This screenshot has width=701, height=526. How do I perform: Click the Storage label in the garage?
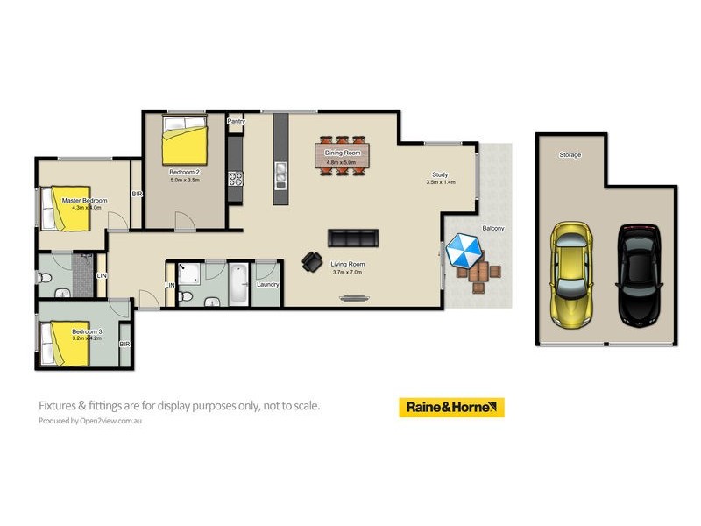570,155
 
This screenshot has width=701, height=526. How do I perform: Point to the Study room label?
439,174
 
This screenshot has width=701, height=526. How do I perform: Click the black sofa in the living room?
352,238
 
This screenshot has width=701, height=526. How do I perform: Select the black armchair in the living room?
311,261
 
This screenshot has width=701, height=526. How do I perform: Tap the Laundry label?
267,284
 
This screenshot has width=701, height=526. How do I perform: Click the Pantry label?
235,121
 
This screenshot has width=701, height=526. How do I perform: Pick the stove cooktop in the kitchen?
236,179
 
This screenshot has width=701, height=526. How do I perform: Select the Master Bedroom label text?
84,201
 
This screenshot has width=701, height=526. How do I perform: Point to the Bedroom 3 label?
87,331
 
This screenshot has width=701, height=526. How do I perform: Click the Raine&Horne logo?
451,408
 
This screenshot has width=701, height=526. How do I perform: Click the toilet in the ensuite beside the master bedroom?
47,277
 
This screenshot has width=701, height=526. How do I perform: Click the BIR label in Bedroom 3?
124,344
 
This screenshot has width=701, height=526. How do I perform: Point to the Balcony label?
492,228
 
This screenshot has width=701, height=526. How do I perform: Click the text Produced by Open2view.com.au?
89,421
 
